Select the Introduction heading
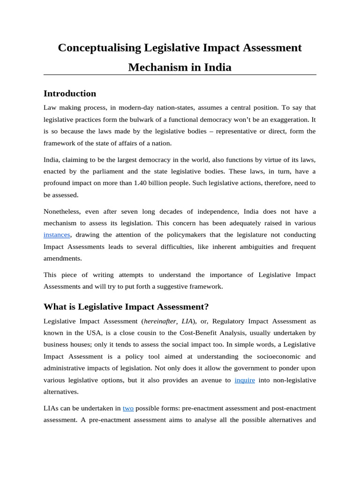pyautogui.click(x=70, y=93)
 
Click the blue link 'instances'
pyautogui.click(x=57, y=234)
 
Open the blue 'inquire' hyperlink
pyautogui.click(x=245, y=380)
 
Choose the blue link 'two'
pyautogui.click(x=128, y=408)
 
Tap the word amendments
pyautogui.click(x=63, y=258)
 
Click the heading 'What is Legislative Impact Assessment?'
pyautogui.click(x=126, y=307)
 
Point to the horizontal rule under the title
pyautogui.click(x=180, y=75)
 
